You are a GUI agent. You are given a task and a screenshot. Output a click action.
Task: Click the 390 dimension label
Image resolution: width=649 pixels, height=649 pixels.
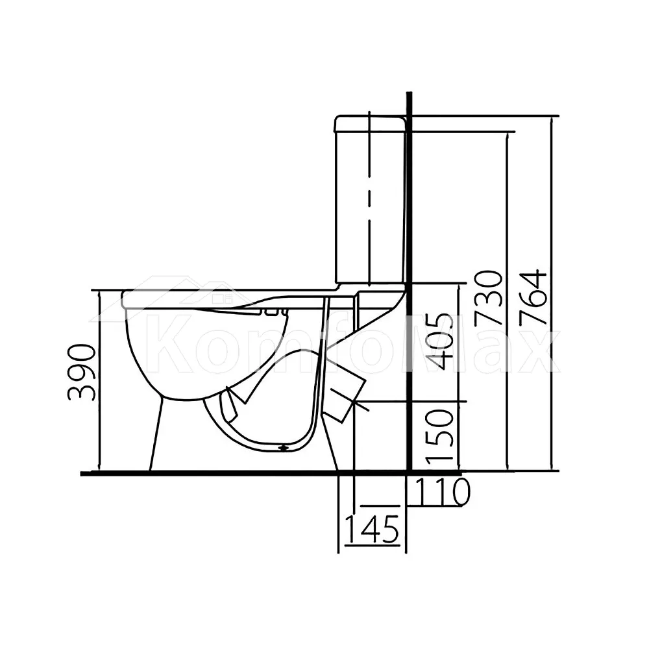click(x=81, y=372)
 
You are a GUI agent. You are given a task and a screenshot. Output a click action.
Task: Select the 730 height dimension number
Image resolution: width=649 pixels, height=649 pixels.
click(x=489, y=297)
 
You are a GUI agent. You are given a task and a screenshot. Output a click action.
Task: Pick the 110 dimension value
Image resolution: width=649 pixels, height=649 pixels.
click(x=443, y=492)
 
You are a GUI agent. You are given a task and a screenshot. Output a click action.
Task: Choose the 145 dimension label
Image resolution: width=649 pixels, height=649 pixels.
click(x=372, y=529)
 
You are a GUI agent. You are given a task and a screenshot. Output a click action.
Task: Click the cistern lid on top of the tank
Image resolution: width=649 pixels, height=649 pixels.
click(x=371, y=124)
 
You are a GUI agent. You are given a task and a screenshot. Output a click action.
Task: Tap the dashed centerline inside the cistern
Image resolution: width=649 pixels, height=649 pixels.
click(x=369, y=199)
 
